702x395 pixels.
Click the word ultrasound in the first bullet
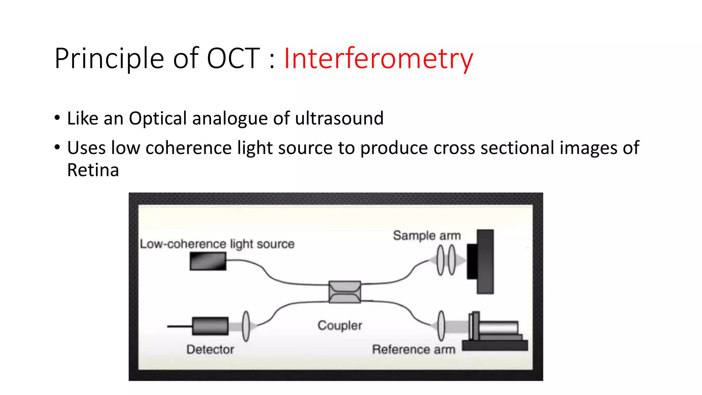339,119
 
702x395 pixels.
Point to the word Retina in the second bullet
93,170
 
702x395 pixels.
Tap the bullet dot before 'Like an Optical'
57,118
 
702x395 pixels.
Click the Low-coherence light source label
217,244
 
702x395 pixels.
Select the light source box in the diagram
208,261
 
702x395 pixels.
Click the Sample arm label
427,236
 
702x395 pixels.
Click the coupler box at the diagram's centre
344,292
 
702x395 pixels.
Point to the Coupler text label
340,325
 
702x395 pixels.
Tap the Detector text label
210,349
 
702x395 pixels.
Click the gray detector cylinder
210,326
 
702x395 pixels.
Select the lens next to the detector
246,326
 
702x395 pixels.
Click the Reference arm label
414,349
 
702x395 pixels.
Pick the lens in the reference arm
441,326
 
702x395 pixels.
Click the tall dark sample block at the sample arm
485,262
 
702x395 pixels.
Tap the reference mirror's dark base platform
495,345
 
